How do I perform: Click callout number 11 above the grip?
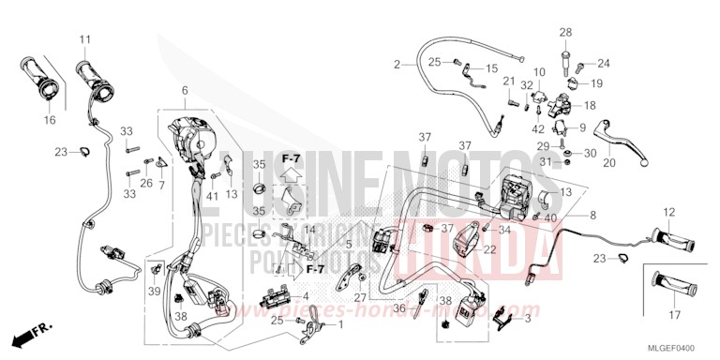pyautogui.click(x=84, y=39)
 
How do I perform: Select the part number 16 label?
pyautogui.click(x=49, y=120)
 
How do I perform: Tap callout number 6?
pyautogui.click(x=185, y=90)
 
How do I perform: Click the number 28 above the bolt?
pyautogui.click(x=565, y=33)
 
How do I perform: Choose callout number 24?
pyautogui.click(x=603, y=64)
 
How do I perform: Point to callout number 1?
pyautogui.click(x=339, y=325)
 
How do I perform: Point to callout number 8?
pyautogui.click(x=592, y=216)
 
